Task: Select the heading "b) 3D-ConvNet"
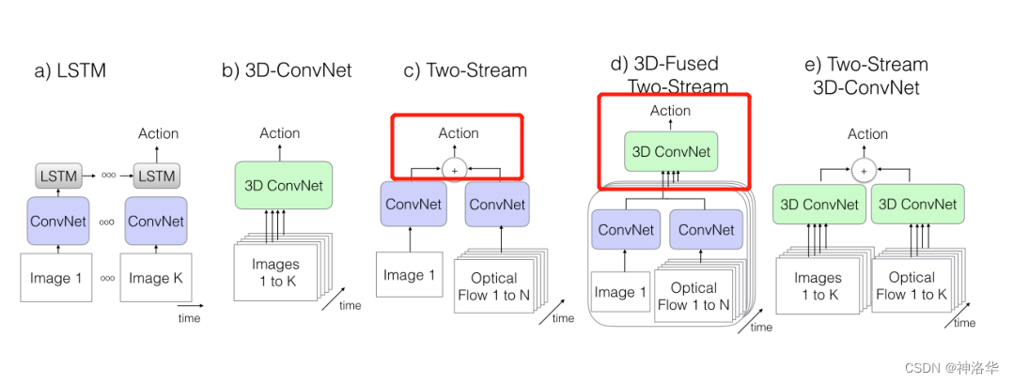tap(287, 70)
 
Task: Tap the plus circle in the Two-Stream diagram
tap(454, 170)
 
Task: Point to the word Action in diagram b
tap(280, 133)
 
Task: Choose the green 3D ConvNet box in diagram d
tap(671, 151)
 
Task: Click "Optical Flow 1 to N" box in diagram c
tap(493, 286)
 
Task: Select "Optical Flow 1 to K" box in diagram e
tap(911, 285)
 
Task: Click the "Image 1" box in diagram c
tap(410, 275)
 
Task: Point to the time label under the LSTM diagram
tap(189, 319)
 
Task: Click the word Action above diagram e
tap(866, 133)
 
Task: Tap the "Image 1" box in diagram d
tap(620, 292)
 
